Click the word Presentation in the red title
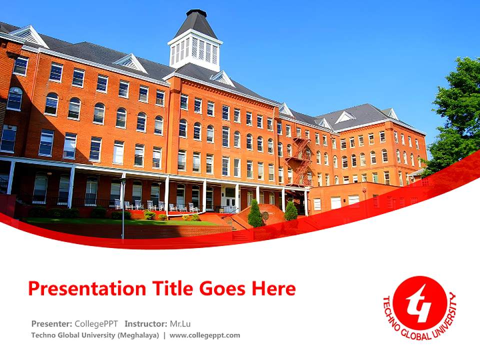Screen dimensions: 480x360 tap(87, 288)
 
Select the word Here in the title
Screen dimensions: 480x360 tap(273, 288)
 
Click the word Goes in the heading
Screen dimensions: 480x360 tap(222, 288)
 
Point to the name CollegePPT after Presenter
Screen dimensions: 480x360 tap(96, 324)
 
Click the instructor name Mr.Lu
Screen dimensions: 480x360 tap(180, 324)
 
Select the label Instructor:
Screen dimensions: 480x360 tap(145, 324)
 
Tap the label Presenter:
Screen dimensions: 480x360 tap(51, 324)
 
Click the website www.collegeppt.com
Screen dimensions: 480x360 tap(205, 335)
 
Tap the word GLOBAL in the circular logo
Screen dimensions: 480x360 tap(416, 335)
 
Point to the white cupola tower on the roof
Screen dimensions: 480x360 tap(195, 49)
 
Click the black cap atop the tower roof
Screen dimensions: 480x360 tap(196, 13)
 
